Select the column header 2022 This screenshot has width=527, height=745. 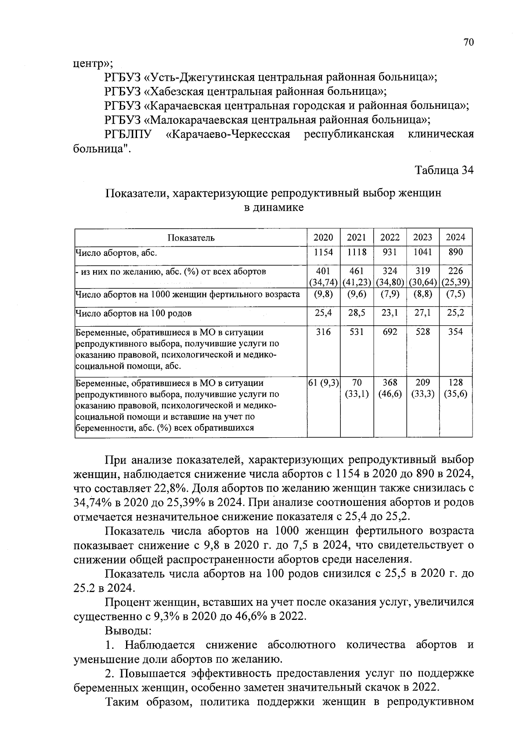coord(390,238)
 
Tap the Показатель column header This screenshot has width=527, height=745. coord(191,238)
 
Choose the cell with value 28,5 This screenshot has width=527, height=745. coord(356,313)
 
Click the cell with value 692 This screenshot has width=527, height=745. coord(390,331)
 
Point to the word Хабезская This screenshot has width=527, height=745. coord(175,92)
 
